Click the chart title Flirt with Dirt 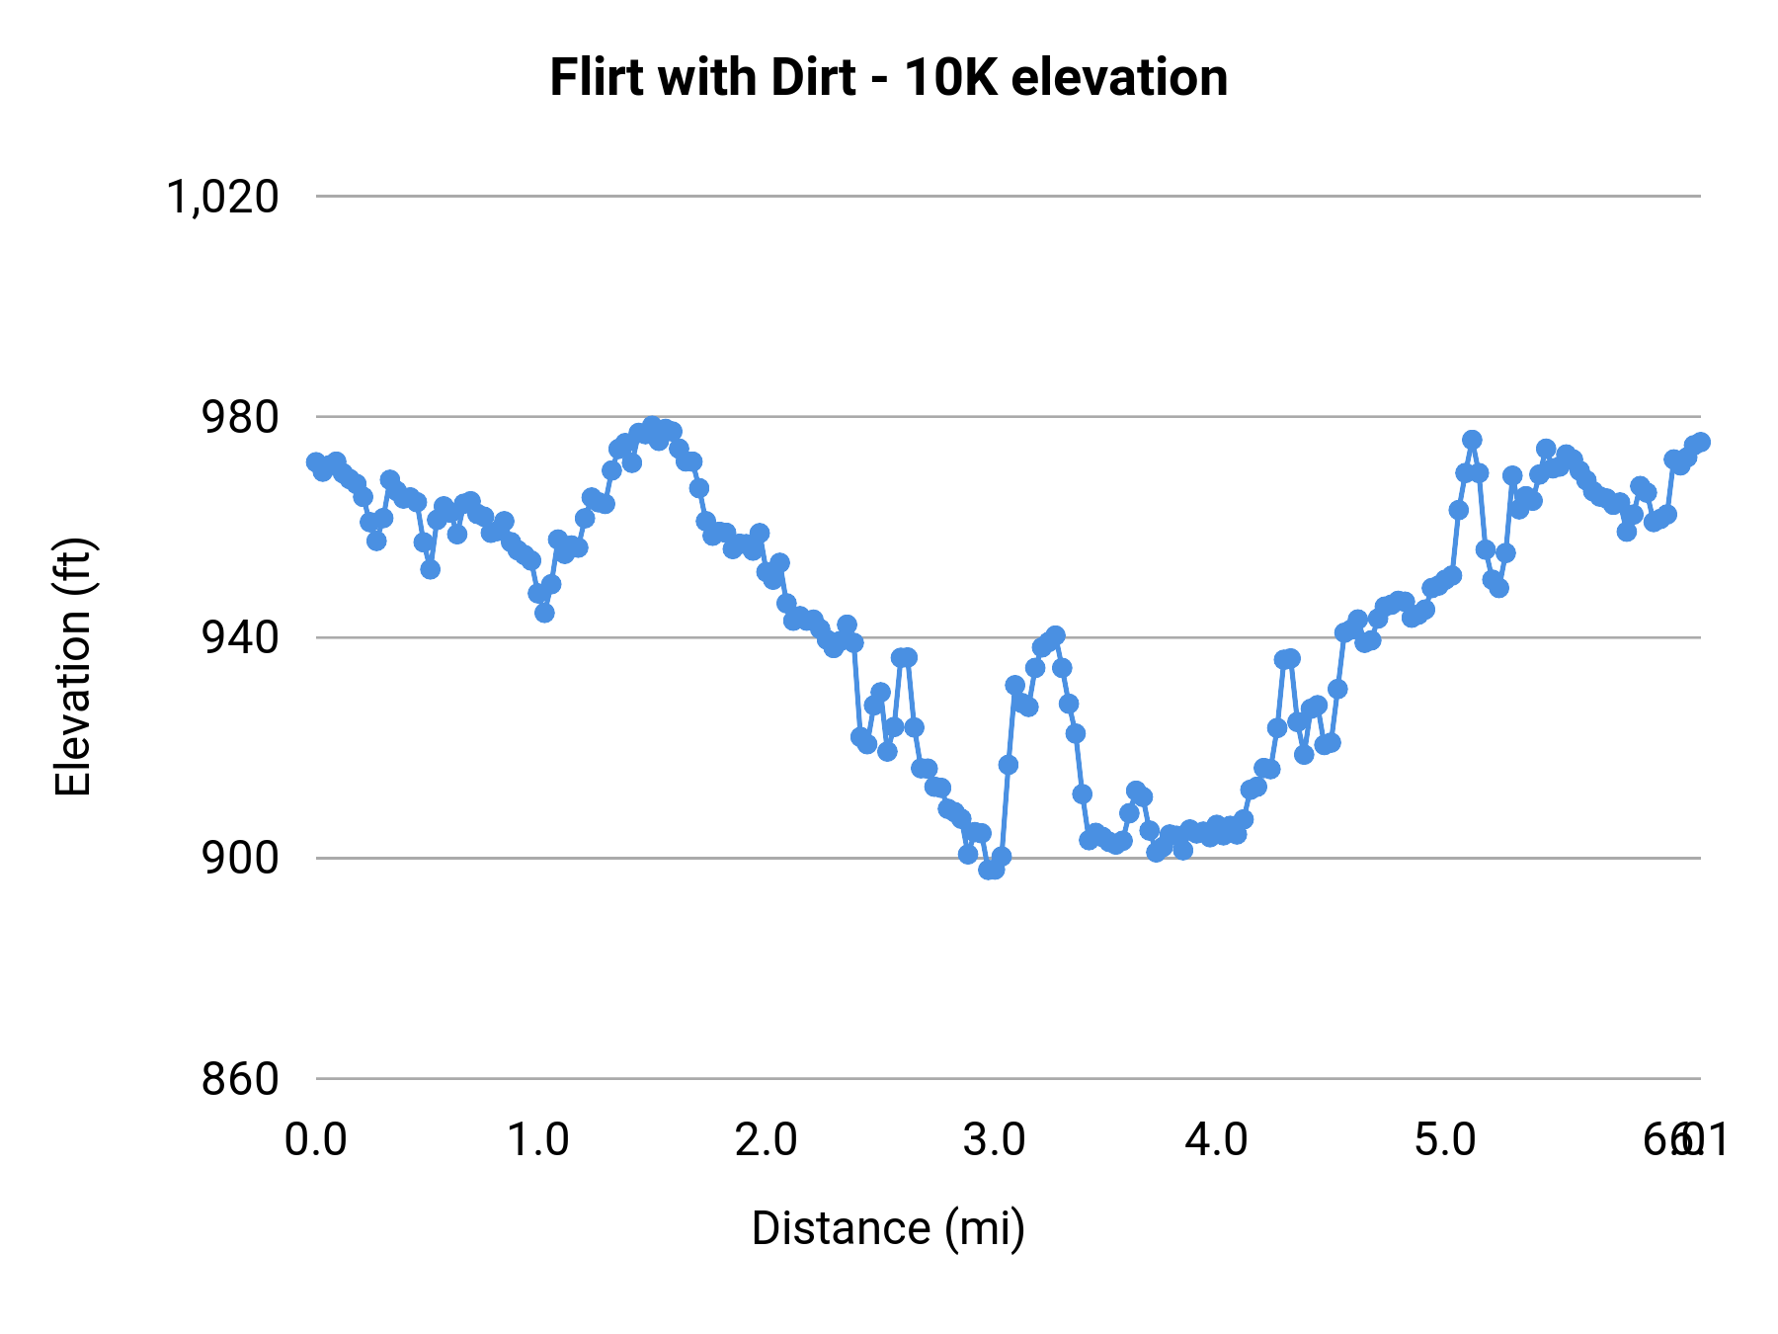(702, 78)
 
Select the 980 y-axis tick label (240, 417)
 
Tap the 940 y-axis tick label (240, 637)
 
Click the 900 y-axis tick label (240, 858)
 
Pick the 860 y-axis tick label (240, 1078)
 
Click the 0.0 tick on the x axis (316, 1140)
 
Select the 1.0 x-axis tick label (537, 1140)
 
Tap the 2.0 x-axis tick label (766, 1140)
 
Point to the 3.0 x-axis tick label (994, 1140)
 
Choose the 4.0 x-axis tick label (1217, 1140)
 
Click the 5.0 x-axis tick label (1445, 1140)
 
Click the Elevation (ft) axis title (73, 667)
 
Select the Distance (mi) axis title (888, 1228)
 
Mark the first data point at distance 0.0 (316, 461)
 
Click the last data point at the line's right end (1700, 442)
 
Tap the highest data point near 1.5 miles (652, 426)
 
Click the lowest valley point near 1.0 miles (544, 613)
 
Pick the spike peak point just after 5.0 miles (1472, 440)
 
